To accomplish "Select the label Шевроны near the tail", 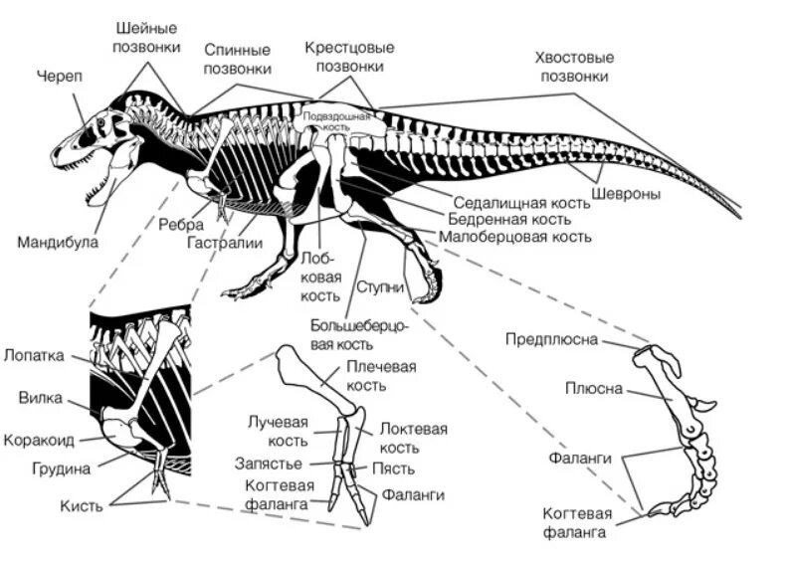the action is click(x=626, y=193).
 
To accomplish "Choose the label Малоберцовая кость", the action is click(x=514, y=237).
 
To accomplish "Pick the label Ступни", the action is click(x=382, y=288).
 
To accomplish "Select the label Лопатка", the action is click(x=34, y=355).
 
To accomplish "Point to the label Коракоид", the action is click(x=42, y=439).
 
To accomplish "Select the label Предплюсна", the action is click(x=551, y=340).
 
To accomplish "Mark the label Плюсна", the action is click(x=594, y=388).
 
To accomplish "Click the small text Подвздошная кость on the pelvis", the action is click(x=336, y=120).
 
